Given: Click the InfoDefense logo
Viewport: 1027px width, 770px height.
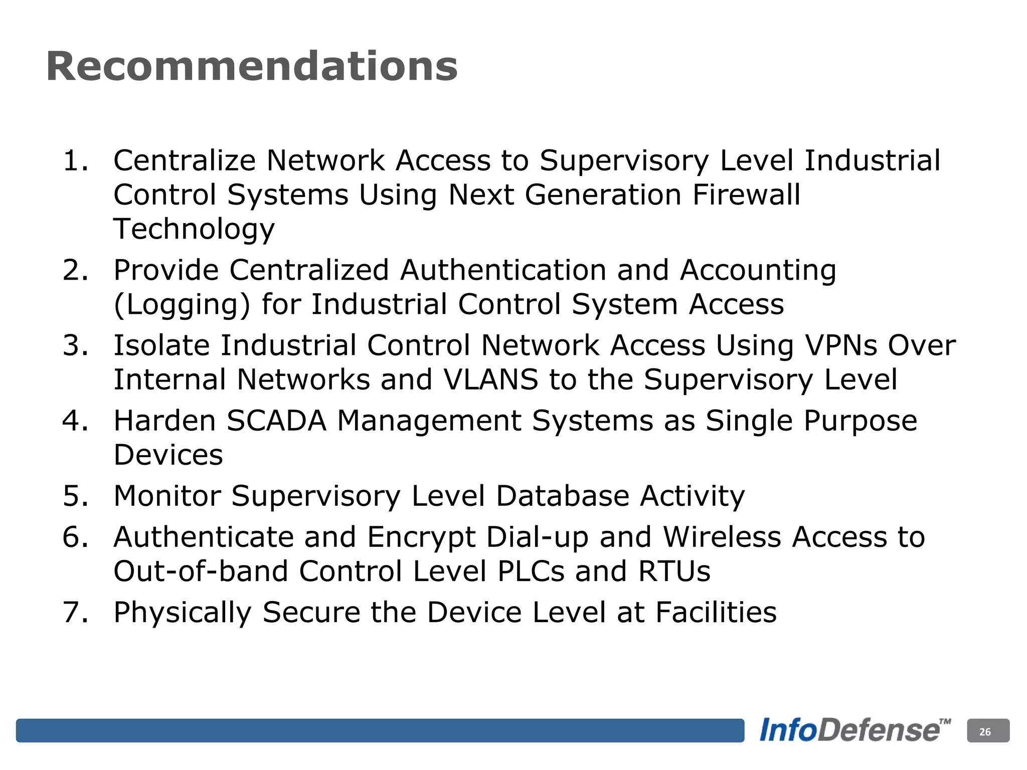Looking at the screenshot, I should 854,730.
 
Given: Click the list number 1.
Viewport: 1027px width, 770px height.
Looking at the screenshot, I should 75,161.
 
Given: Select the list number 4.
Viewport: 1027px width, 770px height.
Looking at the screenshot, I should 75,421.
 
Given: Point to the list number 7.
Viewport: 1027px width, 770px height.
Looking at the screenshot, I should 75,613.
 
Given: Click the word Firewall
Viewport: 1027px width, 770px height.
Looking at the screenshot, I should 746,195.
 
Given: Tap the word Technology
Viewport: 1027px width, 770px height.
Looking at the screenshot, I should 194,230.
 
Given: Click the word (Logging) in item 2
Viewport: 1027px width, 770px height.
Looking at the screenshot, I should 182,305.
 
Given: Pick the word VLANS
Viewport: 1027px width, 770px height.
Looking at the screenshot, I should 491,379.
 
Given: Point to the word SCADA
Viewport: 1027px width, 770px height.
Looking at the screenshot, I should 276,421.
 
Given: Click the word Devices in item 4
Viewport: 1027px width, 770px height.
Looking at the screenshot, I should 168,455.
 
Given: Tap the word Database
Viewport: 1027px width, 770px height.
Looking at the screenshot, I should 562,496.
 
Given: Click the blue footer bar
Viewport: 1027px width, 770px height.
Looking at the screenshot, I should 380,730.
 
